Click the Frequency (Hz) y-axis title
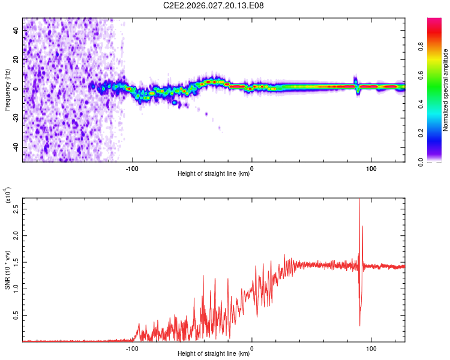tap(8, 90)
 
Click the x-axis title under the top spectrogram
tap(214, 174)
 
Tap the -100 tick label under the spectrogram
tap(133, 168)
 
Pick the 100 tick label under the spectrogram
tap(371, 168)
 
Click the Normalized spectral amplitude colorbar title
tap(445, 90)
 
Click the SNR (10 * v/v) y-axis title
tap(8, 270)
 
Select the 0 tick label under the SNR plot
tap(251, 348)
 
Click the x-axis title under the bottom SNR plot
tap(214, 354)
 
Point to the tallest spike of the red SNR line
tap(359, 200)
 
